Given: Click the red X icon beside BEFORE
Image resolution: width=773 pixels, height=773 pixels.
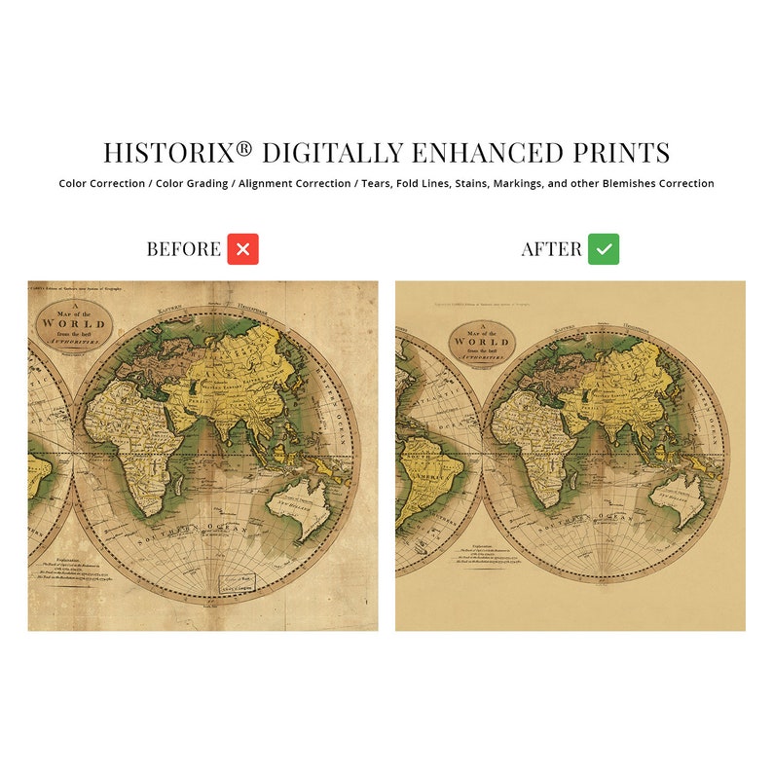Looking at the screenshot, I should point(242,249).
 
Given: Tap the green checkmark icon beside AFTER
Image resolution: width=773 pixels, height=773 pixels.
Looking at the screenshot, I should point(604,249).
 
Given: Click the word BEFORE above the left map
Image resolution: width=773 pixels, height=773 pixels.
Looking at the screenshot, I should point(184,249).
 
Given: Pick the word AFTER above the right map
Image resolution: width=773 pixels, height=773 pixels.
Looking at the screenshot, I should point(551,249).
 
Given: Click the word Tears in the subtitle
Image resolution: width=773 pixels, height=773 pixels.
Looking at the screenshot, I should point(380,183).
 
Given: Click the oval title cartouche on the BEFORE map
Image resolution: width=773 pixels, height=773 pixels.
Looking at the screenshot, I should point(73,324).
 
